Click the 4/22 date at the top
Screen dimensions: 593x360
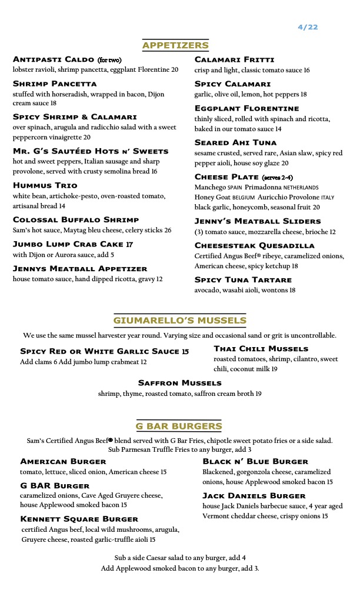pos(308,27)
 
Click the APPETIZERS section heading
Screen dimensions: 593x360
pos(175,45)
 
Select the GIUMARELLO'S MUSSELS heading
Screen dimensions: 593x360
pos(179,321)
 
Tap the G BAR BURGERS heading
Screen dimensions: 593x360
pos(179,426)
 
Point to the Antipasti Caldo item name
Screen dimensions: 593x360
pos(54,60)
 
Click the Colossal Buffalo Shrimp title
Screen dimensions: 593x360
pos(76,220)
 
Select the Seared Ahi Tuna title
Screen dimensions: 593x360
pos(235,142)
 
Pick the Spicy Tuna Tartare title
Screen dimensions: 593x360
pos(243,279)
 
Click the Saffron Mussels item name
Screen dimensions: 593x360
pos(179,383)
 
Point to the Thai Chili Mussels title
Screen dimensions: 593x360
pos(261,349)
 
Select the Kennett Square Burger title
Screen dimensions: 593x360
pos(79,519)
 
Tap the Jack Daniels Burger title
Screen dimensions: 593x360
pos(254,496)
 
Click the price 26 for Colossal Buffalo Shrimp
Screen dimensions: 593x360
pos(168,231)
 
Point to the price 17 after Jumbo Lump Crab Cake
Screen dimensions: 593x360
pos(129,244)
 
